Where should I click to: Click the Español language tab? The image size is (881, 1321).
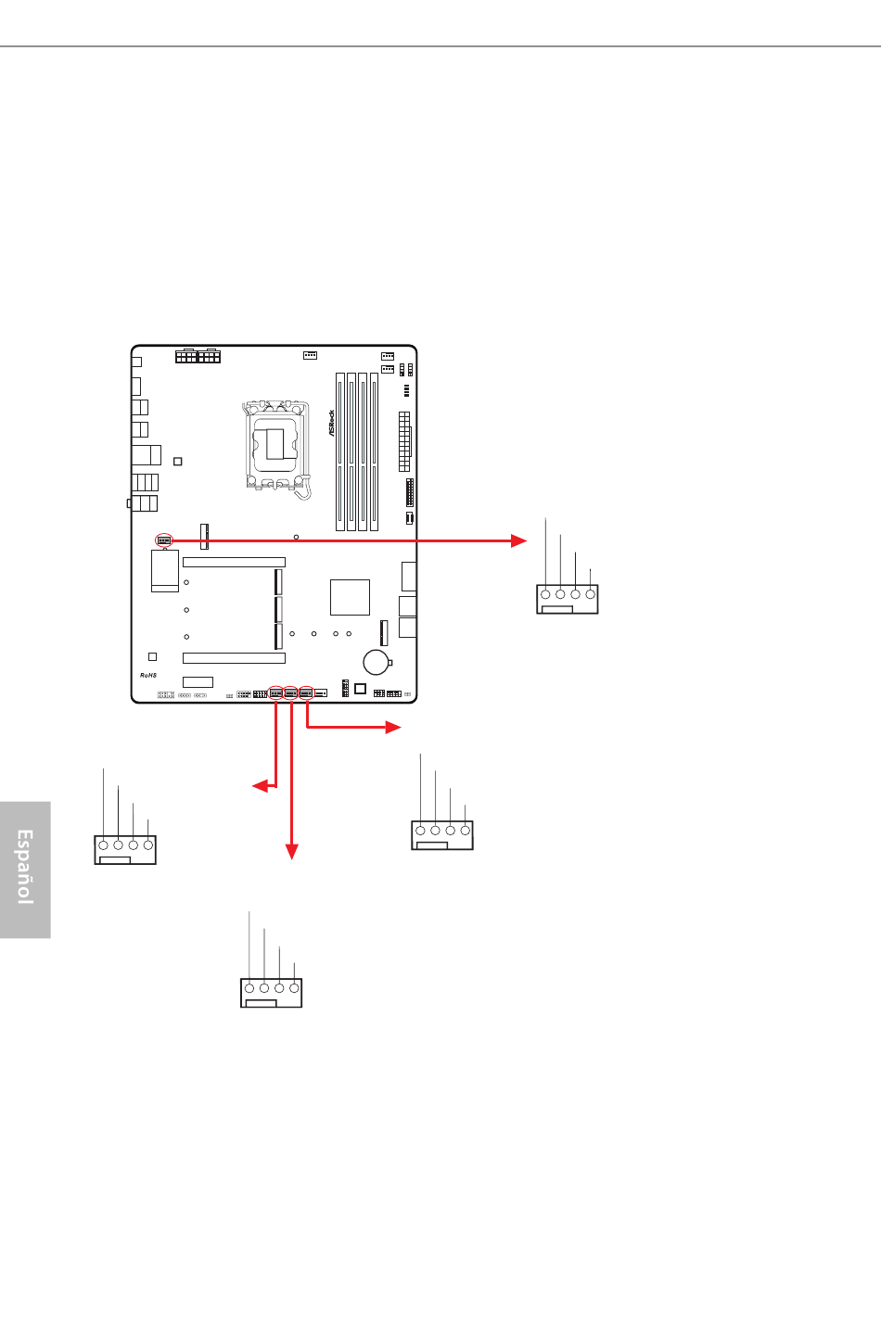(25, 870)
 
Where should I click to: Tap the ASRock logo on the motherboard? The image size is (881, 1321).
(331, 423)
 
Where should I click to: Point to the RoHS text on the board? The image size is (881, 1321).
(148, 675)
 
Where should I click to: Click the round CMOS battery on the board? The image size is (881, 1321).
(376, 662)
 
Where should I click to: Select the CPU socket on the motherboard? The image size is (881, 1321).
(276, 446)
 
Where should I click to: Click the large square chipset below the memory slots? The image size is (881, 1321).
(350, 597)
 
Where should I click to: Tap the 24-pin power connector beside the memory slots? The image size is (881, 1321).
(404, 441)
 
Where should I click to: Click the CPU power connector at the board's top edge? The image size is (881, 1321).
(198, 356)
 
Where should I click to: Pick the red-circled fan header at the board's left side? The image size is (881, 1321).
(164, 540)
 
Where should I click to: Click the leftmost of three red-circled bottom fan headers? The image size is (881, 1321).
(275, 692)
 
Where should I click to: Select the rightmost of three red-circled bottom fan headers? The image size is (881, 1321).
(306, 692)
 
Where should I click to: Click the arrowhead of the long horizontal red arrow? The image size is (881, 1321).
(518, 540)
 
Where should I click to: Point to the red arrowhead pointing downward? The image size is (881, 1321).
(291, 852)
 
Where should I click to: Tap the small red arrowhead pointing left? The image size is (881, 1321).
(260, 785)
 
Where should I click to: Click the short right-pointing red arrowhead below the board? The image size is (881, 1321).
(393, 727)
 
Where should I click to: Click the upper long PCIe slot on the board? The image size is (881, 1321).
(234, 562)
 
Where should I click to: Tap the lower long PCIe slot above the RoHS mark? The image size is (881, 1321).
(234, 658)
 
